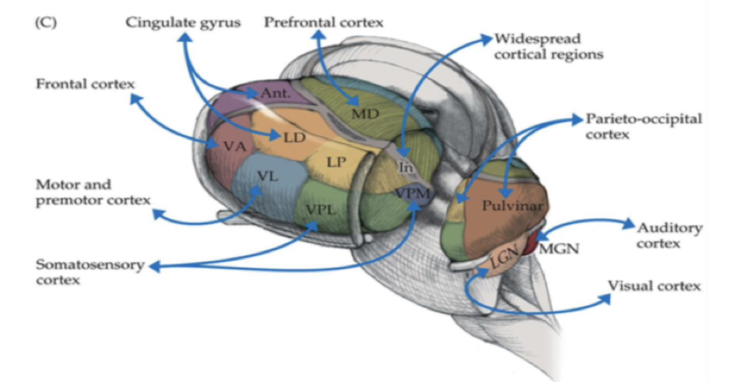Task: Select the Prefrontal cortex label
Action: pyautogui.click(x=324, y=23)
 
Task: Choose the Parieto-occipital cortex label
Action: pyautogui.click(x=643, y=127)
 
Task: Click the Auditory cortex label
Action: pyautogui.click(x=669, y=236)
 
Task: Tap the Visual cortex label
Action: pyautogui.click(x=654, y=286)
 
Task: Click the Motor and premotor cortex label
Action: pyautogui.click(x=93, y=192)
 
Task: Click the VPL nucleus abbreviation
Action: pyautogui.click(x=322, y=210)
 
